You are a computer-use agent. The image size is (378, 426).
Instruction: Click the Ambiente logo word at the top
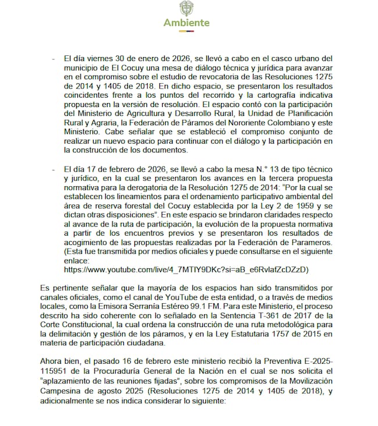186,23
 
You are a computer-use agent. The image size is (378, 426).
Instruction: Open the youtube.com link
186,269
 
